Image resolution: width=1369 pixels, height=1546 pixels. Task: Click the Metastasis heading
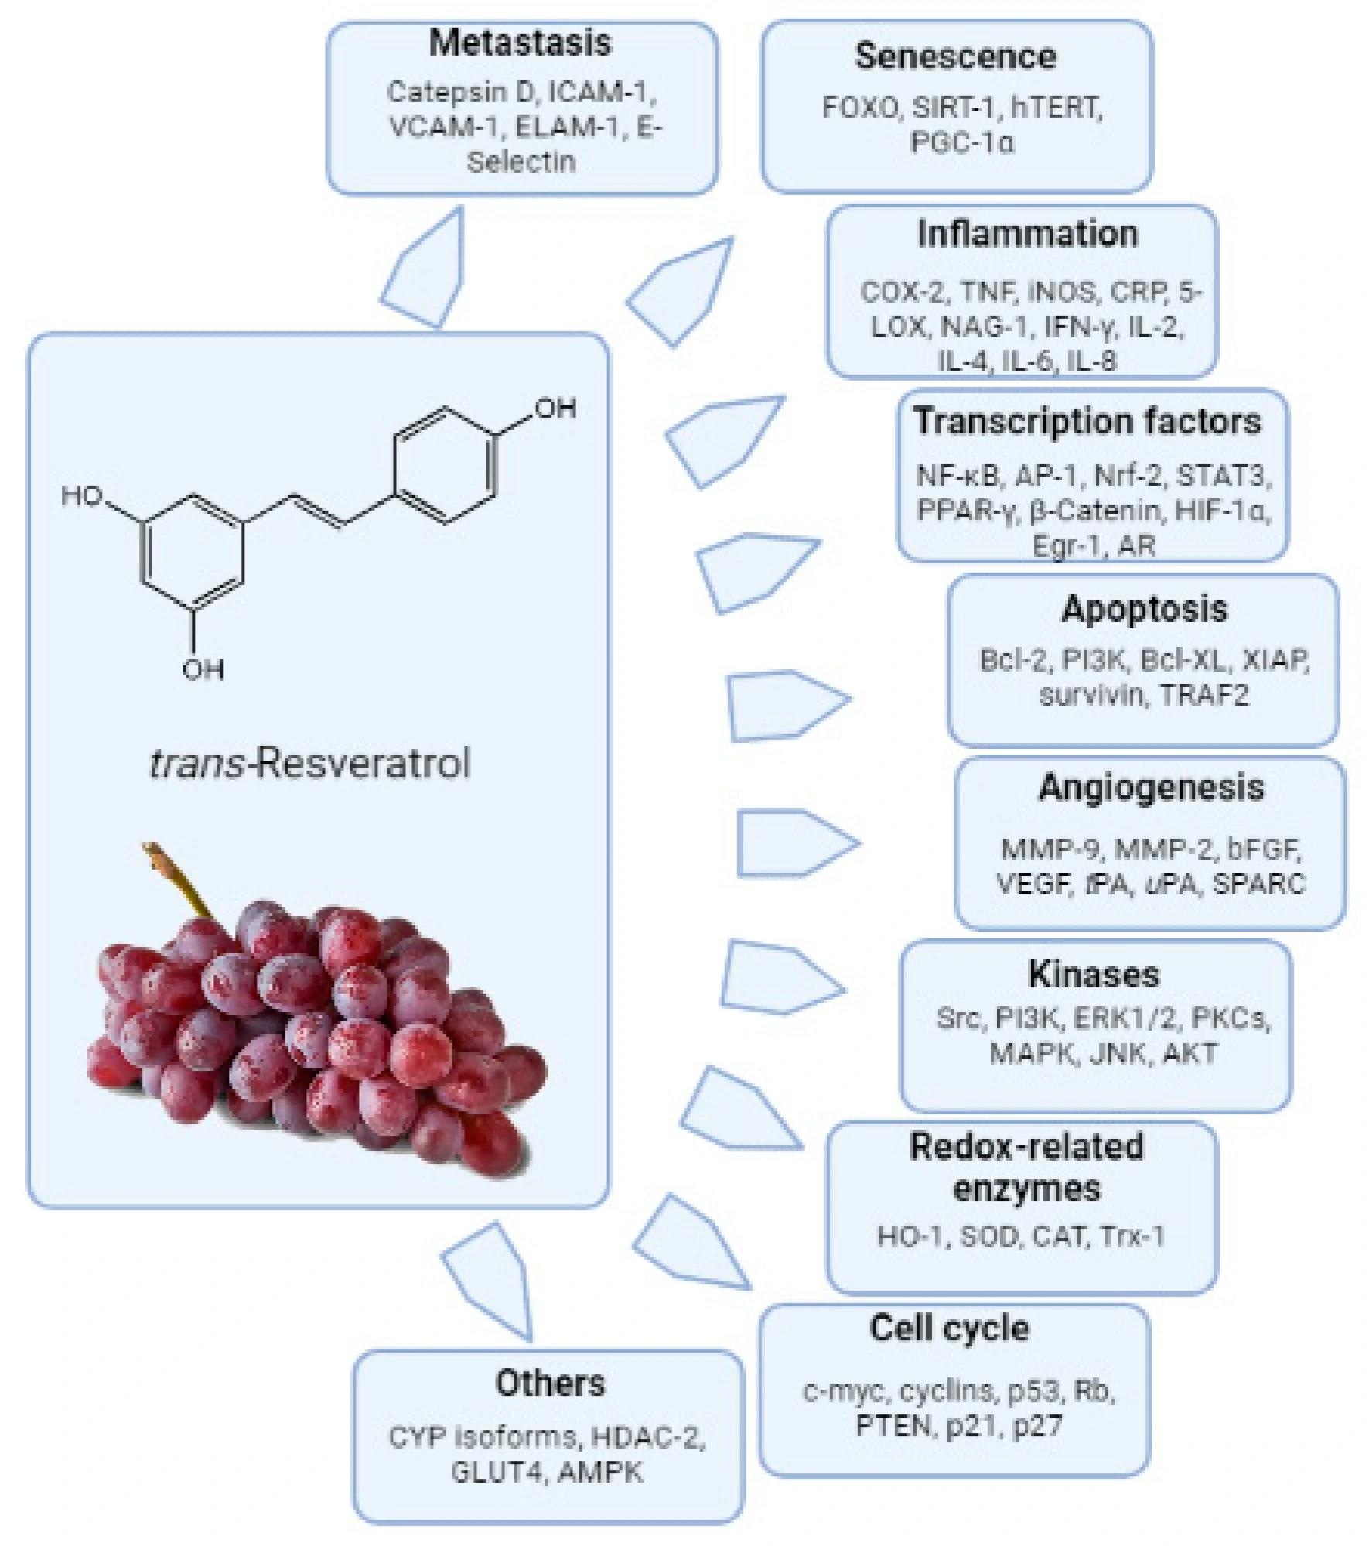click(x=520, y=43)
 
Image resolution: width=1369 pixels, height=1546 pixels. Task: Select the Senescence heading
click(x=955, y=56)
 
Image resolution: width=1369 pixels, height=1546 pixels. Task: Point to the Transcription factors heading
click(x=1087, y=422)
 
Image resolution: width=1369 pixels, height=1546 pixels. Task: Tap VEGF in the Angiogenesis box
click(x=1033, y=883)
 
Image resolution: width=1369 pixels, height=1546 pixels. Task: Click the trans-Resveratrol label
click(x=309, y=764)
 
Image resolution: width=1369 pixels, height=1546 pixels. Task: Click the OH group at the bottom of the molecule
click(x=203, y=669)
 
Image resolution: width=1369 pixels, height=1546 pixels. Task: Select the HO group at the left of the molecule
click(x=82, y=496)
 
